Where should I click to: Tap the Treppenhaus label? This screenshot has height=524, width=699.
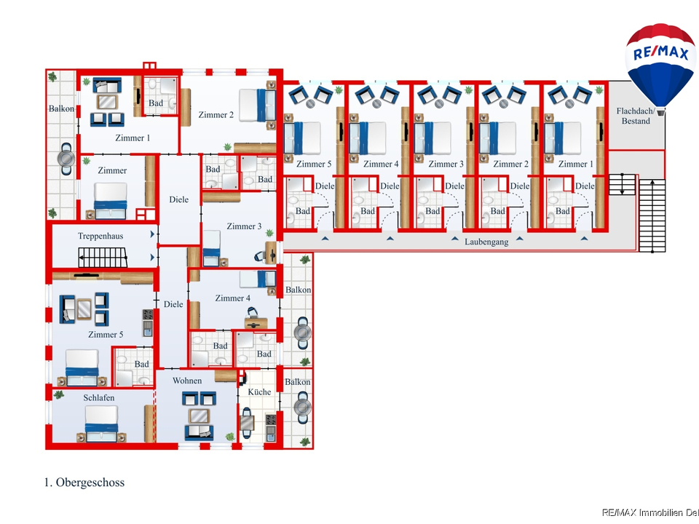(100, 236)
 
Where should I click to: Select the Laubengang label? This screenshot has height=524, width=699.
(486, 242)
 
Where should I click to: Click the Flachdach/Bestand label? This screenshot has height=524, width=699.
(636, 116)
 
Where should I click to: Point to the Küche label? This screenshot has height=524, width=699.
(259, 392)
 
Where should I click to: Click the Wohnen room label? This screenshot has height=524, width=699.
(187, 381)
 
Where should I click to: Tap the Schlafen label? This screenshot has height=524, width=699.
(99, 397)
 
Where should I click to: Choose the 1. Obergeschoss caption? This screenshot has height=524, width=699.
(84, 482)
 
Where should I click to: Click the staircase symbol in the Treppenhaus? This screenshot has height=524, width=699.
(103, 258)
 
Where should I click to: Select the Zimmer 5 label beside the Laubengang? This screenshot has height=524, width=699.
(314, 164)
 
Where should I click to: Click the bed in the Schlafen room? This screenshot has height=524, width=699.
(102, 424)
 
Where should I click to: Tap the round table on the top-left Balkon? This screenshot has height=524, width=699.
(66, 159)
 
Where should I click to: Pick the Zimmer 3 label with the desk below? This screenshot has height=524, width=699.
(244, 226)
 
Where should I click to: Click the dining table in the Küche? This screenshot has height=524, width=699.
(247, 421)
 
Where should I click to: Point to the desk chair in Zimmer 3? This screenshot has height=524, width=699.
(259, 256)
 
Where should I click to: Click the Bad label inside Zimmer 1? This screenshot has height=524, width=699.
(156, 103)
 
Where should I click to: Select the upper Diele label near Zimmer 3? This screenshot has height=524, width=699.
(179, 199)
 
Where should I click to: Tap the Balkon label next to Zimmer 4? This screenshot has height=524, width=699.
(299, 290)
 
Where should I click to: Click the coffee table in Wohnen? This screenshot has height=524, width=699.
(199, 416)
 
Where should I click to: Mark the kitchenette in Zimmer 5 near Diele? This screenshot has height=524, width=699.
(148, 323)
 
